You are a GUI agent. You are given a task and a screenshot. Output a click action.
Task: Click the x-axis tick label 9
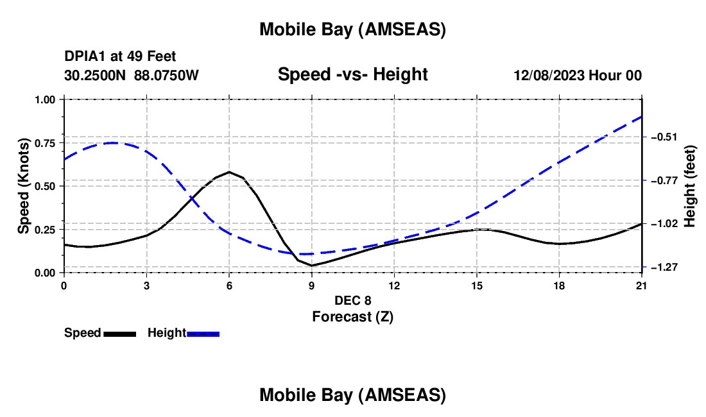(312, 285)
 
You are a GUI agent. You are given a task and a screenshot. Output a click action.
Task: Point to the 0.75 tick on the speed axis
(46, 143)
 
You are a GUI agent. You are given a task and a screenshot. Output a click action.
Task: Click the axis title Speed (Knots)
(24, 186)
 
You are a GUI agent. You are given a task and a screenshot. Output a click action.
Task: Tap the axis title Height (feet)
(690, 186)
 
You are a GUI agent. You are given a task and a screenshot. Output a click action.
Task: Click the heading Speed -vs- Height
(352, 74)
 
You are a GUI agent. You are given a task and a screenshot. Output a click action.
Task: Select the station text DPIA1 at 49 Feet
(120, 56)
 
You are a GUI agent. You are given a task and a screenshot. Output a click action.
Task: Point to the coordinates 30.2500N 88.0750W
(132, 75)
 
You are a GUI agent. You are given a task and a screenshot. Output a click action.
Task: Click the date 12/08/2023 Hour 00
(578, 75)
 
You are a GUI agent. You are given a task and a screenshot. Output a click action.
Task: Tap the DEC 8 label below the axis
(352, 300)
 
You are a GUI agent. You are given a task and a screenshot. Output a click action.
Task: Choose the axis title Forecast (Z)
(352, 316)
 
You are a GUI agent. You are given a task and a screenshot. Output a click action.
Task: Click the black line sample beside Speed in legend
(119, 334)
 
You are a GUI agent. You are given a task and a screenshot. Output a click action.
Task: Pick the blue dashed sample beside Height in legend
(203, 334)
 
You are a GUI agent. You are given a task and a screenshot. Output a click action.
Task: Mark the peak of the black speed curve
(229, 172)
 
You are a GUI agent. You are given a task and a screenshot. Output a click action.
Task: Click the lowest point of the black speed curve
(312, 266)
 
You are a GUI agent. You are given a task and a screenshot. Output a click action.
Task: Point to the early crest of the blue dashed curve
(114, 142)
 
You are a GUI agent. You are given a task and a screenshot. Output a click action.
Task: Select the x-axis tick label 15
(477, 285)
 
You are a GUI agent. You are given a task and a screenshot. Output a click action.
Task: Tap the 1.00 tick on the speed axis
(46, 99)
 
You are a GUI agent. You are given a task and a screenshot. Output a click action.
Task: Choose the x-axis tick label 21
(642, 285)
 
